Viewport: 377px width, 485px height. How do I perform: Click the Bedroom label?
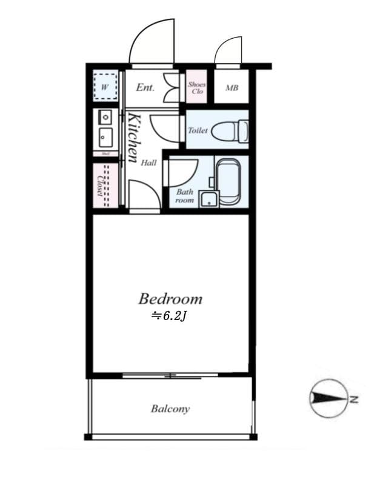click(x=170, y=299)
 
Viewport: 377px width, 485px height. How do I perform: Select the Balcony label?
click(x=170, y=409)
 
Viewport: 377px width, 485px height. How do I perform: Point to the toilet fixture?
click(x=233, y=130)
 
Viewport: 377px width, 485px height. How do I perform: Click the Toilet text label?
click(x=198, y=130)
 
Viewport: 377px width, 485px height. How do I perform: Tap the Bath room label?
click(x=184, y=196)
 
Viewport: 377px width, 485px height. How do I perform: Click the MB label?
click(x=232, y=88)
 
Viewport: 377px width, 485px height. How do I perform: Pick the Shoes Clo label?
click(x=196, y=88)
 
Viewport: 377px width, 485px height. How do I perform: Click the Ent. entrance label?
click(x=145, y=88)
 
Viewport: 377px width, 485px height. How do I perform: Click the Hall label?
click(x=149, y=162)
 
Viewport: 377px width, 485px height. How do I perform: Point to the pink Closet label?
click(x=100, y=186)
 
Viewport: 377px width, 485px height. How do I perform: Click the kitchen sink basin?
click(x=105, y=137)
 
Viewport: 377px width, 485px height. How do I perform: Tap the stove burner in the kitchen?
click(x=105, y=116)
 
